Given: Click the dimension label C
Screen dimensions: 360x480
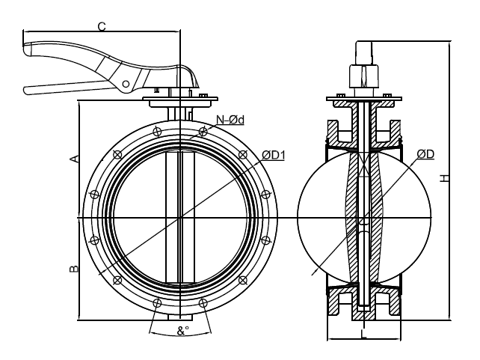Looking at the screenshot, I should [x=102, y=26].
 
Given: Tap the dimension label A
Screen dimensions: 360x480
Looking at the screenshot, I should [x=73, y=159].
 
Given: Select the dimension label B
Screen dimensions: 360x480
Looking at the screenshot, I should [x=73, y=268].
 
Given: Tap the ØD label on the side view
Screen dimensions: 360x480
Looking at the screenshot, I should [x=425, y=154].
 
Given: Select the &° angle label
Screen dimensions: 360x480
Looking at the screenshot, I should [x=181, y=330].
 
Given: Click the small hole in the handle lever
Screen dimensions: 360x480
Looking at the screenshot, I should [x=126, y=80].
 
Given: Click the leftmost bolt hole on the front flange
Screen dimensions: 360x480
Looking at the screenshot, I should [x=93, y=218].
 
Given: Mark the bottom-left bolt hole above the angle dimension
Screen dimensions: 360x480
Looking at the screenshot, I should [x=156, y=303].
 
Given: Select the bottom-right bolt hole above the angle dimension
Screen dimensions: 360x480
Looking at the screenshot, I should [x=203, y=303].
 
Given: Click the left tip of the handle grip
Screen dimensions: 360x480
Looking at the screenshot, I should [x=27, y=51].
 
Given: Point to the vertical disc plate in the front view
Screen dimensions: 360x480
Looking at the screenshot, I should [x=179, y=218].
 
